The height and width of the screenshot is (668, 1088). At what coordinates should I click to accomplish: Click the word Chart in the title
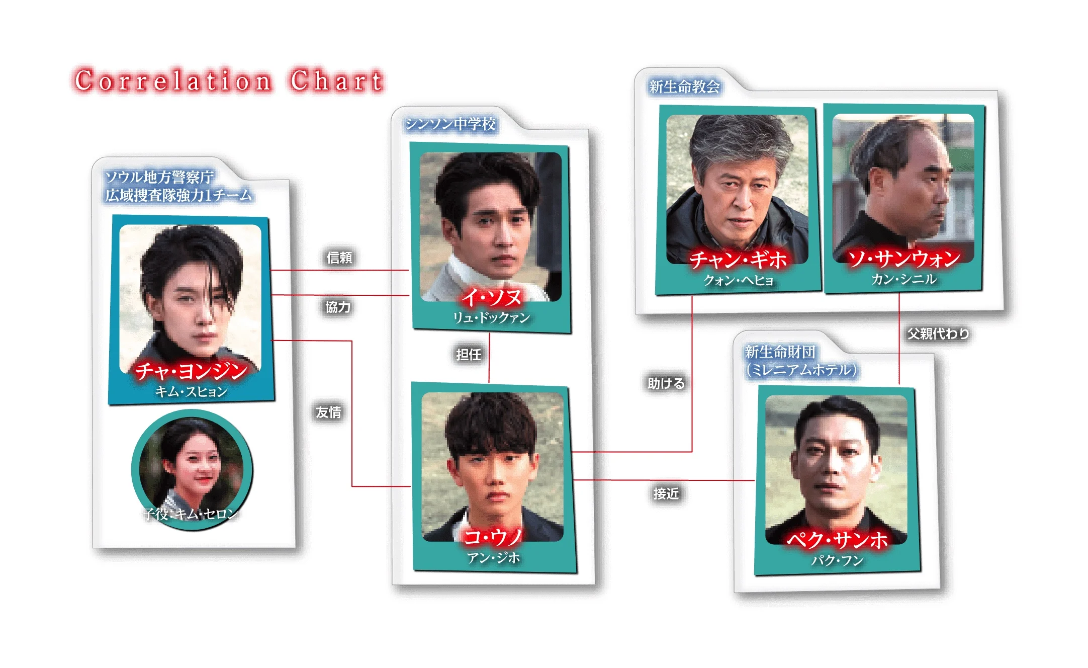click(336, 80)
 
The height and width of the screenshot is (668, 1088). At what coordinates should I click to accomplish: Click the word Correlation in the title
click(173, 80)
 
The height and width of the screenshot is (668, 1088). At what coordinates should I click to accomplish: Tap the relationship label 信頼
click(339, 258)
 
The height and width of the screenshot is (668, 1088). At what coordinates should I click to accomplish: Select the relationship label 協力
click(338, 307)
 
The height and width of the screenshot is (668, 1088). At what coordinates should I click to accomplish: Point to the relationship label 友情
click(328, 412)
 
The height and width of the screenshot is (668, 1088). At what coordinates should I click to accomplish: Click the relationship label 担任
click(469, 355)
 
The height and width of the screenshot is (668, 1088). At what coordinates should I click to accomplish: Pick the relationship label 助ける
click(666, 384)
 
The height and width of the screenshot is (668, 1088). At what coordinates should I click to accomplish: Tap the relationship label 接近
click(666, 493)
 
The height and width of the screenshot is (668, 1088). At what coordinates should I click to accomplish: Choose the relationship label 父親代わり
click(938, 334)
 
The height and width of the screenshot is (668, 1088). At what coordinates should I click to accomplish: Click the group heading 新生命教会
click(684, 87)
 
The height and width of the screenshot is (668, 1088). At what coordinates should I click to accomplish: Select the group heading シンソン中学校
click(450, 124)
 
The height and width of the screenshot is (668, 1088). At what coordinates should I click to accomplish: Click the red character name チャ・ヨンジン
click(191, 371)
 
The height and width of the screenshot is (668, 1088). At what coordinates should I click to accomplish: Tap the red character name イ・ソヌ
click(491, 297)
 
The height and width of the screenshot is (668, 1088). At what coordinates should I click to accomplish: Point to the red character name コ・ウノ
click(493, 537)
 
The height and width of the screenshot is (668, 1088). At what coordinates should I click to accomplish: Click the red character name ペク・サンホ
click(837, 540)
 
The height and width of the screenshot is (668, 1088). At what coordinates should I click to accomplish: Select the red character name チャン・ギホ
click(738, 260)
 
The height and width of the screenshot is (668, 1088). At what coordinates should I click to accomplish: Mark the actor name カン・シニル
click(903, 279)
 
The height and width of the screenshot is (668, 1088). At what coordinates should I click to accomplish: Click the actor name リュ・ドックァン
click(491, 318)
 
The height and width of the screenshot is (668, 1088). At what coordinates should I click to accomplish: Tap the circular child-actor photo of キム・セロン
click(192, 469)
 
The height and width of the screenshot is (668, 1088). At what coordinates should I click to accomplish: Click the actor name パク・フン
click(837, 560)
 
